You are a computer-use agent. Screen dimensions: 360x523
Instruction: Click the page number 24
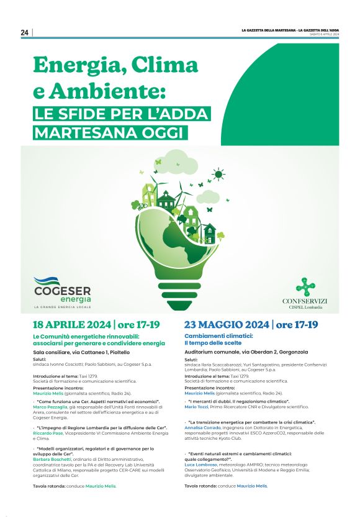click(x=25, y=32)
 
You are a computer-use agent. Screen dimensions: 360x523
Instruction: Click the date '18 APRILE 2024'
click(x=71, y=325)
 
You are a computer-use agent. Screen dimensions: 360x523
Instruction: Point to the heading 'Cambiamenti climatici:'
click(x=214, y=335)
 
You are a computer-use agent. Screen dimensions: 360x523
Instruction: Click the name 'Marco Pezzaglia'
click(x=50, y=407)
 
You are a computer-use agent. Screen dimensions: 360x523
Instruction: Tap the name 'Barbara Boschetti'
click(x=52, y=459)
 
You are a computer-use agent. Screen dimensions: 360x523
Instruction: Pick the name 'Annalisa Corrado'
click(x=202, y=427)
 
